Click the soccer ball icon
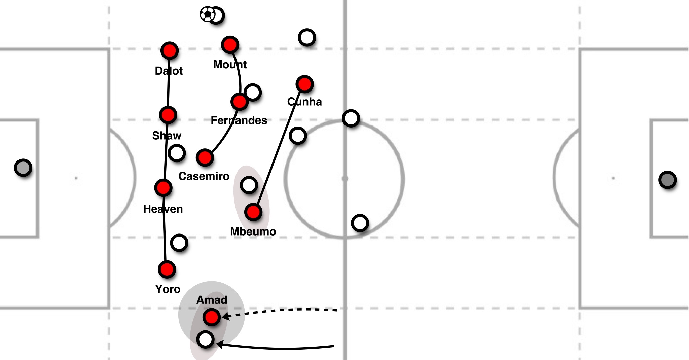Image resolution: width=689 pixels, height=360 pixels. [207, 14]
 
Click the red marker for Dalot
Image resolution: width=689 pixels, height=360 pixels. [169, 51]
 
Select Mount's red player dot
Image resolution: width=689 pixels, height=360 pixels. [230, 44]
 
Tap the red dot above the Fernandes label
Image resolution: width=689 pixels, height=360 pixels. [239, 101]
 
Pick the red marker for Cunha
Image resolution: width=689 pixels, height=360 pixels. [304, 84]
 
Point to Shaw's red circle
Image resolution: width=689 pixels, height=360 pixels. [168, 115]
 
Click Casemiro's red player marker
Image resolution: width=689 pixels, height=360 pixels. [205, 157]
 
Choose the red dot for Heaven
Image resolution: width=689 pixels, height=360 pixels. [163, 187]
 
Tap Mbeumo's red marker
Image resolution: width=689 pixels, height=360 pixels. [253, 212]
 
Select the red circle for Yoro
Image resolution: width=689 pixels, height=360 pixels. [167, 269]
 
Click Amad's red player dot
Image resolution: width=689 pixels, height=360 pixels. [212, 317]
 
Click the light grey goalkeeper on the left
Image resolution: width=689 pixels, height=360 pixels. [23, 168]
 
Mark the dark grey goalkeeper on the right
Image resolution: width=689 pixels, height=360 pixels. [667, 180]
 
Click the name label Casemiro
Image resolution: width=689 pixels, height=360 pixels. [204, 176]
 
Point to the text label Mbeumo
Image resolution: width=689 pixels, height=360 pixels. [253, 231]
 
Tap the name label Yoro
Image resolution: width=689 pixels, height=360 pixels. [168, 289]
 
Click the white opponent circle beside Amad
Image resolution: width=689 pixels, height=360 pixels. [205, 339]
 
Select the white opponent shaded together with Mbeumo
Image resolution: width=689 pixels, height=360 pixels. [249, 185]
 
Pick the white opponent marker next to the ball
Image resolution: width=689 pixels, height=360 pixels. [217, 15]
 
